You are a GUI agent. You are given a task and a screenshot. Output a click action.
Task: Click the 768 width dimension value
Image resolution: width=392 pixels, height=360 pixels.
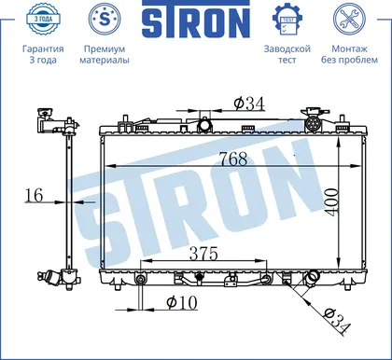[233, 159]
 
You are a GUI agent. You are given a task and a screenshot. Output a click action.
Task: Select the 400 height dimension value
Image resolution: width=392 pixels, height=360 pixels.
[331, 201]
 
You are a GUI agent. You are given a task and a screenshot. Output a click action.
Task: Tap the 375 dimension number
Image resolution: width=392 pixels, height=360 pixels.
[203, 254]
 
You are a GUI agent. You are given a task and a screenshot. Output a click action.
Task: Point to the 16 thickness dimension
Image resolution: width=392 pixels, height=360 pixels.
[34, 195]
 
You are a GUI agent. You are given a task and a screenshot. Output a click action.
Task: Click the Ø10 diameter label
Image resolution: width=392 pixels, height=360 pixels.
[182, 302]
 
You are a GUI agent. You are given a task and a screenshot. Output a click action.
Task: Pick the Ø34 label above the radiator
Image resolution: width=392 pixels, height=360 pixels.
[249, 104]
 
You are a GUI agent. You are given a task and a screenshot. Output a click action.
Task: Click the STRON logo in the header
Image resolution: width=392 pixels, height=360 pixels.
[196, 20]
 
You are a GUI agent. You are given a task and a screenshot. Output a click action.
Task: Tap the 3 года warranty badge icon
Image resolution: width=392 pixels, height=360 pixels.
[43, 19]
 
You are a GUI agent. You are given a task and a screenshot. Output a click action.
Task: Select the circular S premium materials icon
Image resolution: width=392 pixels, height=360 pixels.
[105, 19]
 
